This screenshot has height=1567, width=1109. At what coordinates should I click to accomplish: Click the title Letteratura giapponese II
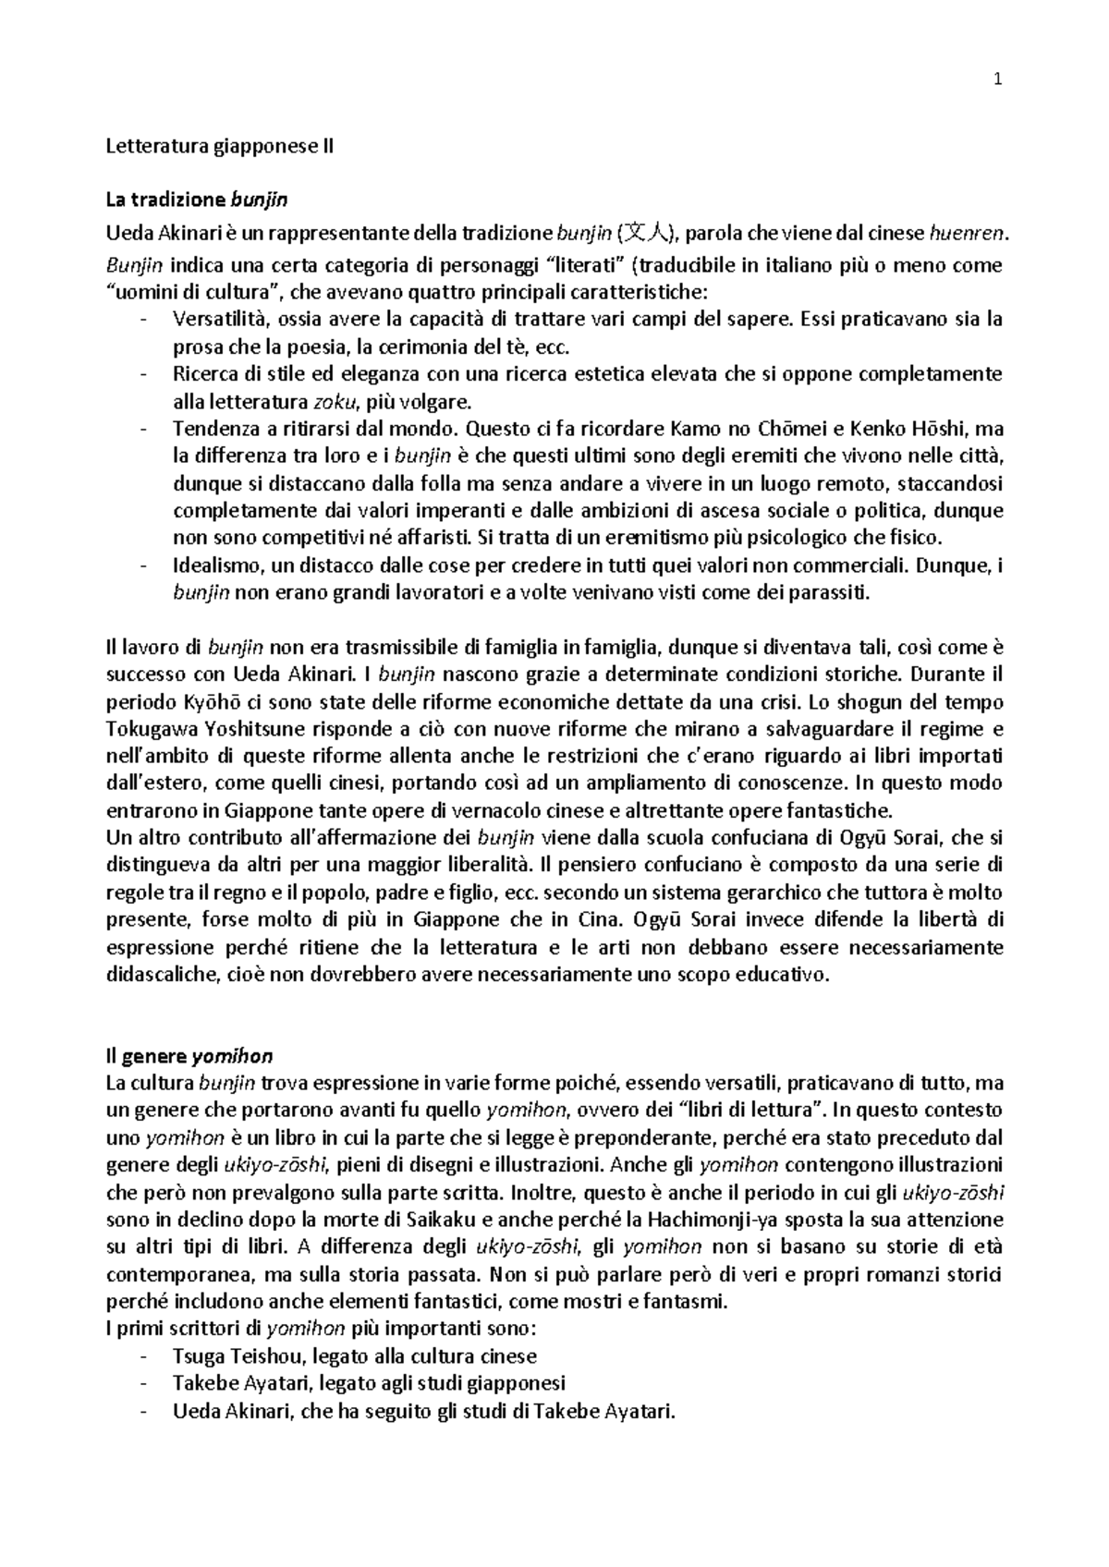(220, 146)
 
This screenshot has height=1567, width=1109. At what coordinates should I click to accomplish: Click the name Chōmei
(785, 429)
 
